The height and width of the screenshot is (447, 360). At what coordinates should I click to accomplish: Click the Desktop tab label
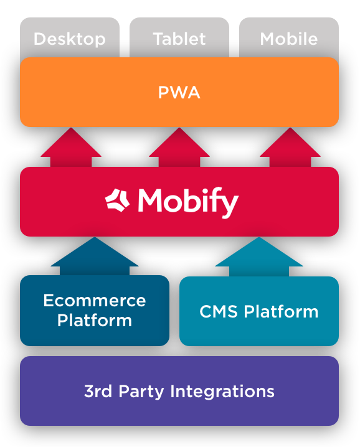69,39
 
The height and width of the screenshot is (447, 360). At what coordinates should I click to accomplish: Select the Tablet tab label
179,39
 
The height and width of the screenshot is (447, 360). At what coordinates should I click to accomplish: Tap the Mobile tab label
288,39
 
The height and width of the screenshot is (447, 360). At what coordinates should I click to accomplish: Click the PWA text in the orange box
179,93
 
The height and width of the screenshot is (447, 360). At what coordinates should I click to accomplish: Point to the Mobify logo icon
118,200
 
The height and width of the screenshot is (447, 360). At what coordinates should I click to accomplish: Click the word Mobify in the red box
187,202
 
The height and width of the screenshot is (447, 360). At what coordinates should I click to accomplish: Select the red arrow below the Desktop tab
70,148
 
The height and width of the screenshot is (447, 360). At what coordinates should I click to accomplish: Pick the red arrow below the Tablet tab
179,148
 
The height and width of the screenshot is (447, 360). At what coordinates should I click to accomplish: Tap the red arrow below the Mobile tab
290,148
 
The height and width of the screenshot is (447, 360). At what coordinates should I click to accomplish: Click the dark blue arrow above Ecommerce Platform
94,256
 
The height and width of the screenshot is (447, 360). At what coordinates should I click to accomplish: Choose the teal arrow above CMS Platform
258,257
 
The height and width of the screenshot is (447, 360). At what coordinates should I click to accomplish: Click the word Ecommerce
94,301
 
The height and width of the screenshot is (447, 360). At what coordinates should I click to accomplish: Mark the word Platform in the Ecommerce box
94,321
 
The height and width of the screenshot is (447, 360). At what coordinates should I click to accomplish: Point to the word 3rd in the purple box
97,391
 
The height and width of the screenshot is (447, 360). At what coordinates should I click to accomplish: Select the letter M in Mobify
151,200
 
